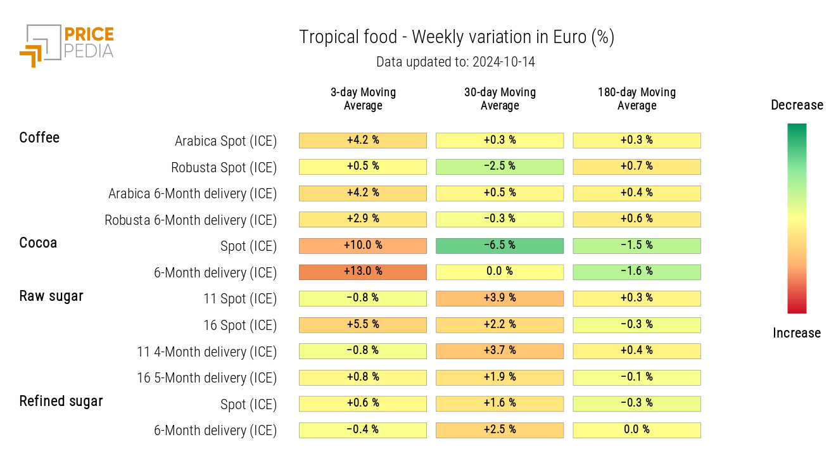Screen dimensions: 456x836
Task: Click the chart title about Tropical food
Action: point(456,37)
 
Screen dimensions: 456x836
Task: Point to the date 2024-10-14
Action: point(503,62)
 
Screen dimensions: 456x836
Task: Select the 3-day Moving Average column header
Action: point(363,99)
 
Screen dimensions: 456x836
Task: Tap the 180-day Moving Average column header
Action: point(636,99)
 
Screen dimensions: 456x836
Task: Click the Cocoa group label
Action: point(38,243)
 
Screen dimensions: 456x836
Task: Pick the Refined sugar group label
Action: point(61,401)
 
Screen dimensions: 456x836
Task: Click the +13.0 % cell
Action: point(363,272)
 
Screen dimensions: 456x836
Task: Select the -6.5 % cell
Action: point(500,246)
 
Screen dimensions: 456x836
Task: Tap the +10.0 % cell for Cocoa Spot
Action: point(363,246)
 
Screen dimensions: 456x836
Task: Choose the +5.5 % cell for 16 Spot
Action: point(363,325)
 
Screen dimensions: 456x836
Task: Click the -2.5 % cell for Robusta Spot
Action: point(500,167)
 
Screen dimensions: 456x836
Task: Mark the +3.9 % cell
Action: point(500,298)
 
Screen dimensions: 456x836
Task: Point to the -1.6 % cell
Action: point(636,272)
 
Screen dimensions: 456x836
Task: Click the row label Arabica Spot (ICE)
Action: point(225,141)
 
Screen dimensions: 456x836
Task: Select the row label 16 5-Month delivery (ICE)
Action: point(206,378)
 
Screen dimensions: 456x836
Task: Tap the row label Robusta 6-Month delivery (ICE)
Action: point(191,220)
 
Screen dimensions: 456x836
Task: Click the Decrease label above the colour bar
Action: point(797,105)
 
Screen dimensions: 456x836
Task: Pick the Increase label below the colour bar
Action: point(797,333)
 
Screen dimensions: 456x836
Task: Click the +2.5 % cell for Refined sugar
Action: point(500,430)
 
